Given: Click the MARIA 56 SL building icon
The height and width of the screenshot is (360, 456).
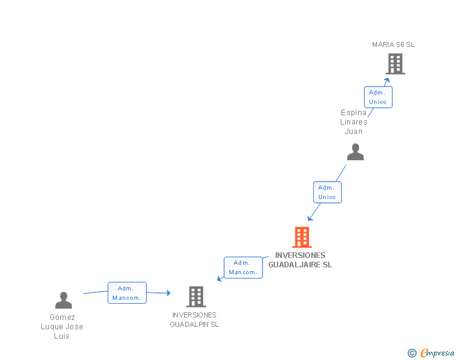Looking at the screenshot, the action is (395, 64).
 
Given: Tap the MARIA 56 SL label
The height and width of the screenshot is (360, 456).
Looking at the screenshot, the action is (393, 44).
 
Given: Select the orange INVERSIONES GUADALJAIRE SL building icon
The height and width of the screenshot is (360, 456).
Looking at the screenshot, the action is (302, 237).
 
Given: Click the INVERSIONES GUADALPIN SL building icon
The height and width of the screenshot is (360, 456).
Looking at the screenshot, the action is (196, 296).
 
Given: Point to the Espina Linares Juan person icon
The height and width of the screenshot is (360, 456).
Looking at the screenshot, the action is (355, 152).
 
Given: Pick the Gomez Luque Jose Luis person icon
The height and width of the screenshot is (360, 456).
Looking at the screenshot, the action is (63, 301).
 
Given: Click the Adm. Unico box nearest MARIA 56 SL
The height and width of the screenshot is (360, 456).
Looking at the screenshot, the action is (378, 97).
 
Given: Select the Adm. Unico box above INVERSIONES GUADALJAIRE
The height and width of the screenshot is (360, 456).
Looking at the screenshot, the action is (327, 192).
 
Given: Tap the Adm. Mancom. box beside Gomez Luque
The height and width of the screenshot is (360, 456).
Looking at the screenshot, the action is (127, 293).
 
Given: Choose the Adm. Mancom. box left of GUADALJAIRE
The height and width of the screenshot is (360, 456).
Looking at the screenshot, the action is (243, 267).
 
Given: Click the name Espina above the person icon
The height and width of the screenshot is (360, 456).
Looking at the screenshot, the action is (354, 113).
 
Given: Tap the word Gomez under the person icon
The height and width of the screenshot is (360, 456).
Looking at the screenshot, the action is (62, 317).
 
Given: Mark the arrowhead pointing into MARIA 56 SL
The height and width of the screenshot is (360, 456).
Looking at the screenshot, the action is (388, 80).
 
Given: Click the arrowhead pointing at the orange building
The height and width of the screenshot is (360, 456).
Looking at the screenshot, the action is (309, 219).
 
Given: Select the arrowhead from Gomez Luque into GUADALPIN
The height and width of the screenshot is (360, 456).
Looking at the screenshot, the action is (167, 293).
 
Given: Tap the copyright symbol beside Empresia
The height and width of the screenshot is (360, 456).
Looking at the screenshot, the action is (412, 353).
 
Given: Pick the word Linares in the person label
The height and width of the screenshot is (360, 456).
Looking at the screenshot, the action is (354, 122).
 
